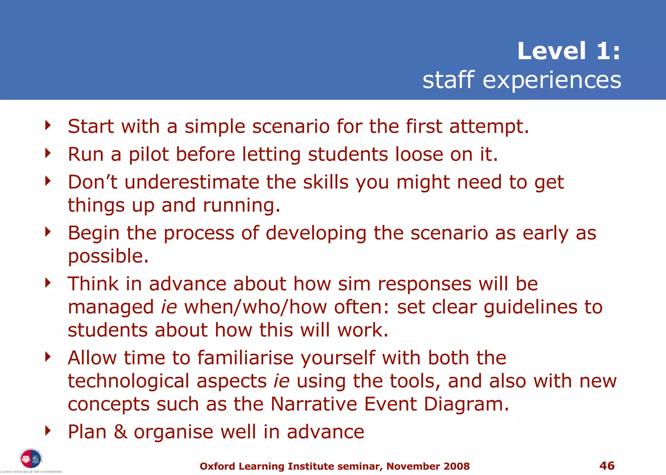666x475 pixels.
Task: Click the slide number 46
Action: [x=607, y=466]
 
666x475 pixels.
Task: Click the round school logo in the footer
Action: [x=31, y=459]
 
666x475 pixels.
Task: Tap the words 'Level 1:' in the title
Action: [x=569, y=51]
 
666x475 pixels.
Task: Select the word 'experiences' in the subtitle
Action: [x=552, y=80]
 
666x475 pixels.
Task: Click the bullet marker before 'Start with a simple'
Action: [x=48, y=125]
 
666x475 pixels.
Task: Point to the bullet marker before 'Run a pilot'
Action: [x=48, y=153]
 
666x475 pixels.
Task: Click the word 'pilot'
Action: [x=149, y=154]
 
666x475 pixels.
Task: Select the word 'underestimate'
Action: [x=192, y=182]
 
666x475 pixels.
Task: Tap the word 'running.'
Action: [x=241, y=206]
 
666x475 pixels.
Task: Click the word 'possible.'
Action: [x=108, y=256]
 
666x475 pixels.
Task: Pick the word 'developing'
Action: [x=316, y=233]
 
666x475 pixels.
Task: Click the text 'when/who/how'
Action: [x=255, y=307]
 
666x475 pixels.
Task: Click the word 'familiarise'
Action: [x=245, y=358]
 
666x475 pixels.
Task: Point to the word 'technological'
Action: [x=128, y=381]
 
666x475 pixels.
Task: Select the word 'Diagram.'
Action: [x=466, y=404]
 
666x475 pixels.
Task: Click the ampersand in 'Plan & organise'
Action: [x=120, y=432]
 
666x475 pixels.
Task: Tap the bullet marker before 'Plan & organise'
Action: [x=48, y=431]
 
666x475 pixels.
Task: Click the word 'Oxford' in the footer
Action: [x=217, y=466]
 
